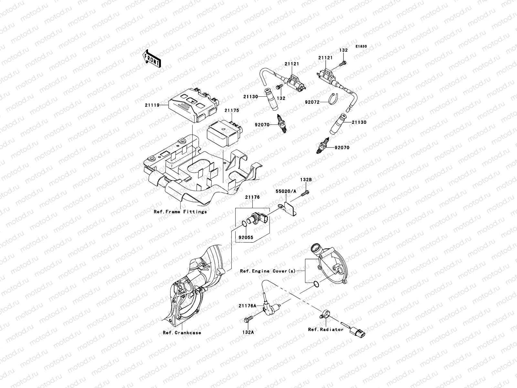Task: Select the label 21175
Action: [x=232, y=111]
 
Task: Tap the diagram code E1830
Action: [x=361, y=47]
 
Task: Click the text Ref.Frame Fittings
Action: [x=180, y=212]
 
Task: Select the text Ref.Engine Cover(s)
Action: [x=268, y=271]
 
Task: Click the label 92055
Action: [x=246, y=237]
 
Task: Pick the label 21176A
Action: [x=248, y=305]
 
